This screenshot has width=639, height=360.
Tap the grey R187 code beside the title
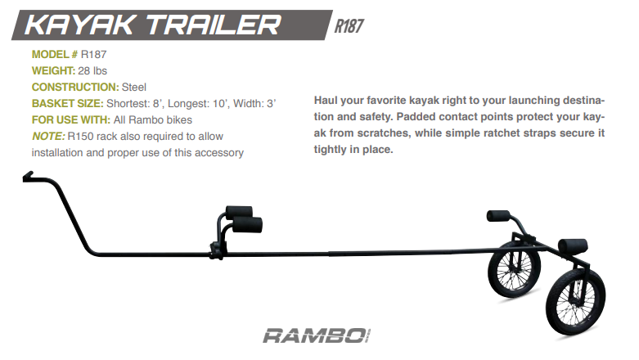point(349,25)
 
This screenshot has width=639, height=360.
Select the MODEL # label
point(55,54)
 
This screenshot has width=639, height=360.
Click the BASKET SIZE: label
point(67,103)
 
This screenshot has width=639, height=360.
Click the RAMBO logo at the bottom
point(316,335)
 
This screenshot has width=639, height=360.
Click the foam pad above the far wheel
point(500,215)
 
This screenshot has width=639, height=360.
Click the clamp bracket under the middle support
point(217,245)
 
